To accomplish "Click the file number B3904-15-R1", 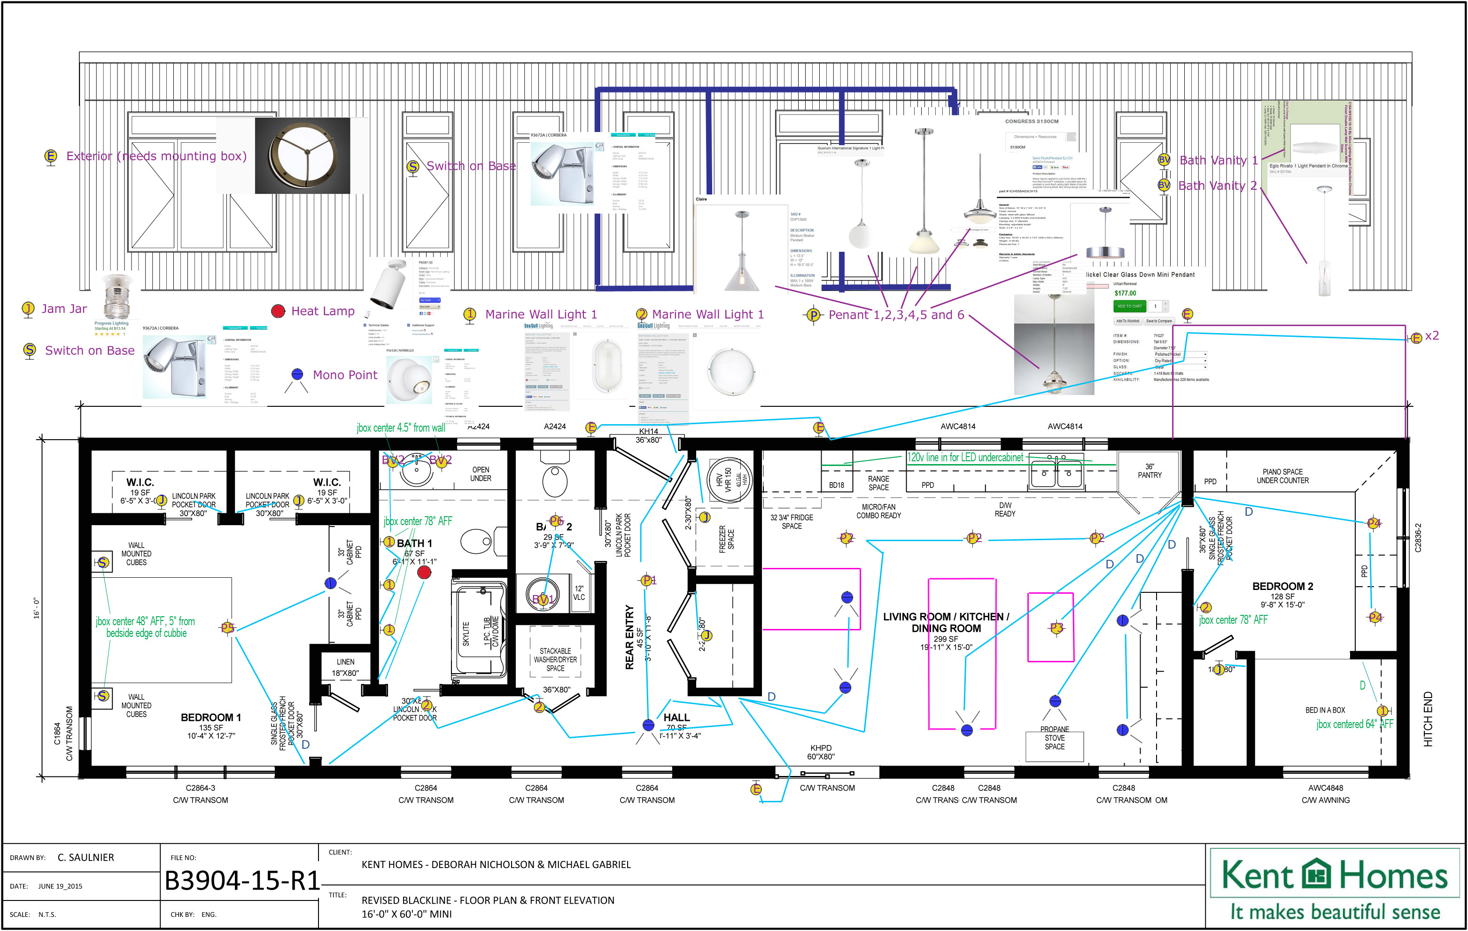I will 242,880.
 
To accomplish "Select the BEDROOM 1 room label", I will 210,718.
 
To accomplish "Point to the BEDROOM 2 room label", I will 1282,586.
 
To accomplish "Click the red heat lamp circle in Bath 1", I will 424,572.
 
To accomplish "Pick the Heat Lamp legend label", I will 323,311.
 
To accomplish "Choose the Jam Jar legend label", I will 64,309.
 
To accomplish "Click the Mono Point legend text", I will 345,375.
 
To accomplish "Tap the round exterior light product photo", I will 303,156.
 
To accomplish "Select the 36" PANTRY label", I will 1149,471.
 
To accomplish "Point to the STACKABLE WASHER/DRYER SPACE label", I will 555,659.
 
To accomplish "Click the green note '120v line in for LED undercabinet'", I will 964,457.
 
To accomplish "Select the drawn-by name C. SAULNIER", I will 86,857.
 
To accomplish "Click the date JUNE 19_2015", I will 60,886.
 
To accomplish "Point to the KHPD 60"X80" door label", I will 821,752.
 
